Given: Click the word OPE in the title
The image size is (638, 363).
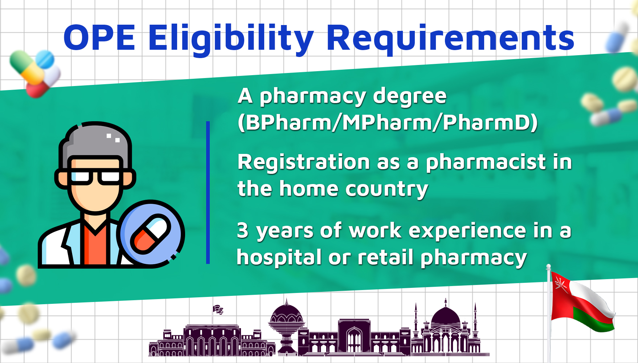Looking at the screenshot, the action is pos(99,37).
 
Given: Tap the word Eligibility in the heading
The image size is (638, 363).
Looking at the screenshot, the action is pos(231,39).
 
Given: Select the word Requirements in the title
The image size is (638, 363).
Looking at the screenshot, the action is pos(450,39).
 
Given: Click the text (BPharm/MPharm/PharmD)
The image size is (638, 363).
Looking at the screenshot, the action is pos(387,122).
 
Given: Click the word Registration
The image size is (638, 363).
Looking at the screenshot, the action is pos(303,162).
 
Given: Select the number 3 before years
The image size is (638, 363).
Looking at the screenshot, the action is pos(243,231).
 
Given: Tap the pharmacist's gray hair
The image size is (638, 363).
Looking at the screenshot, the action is pos(95,144).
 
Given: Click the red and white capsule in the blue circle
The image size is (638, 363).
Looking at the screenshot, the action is pos(150,234).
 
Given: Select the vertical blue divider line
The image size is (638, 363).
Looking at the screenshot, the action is pos(208,192).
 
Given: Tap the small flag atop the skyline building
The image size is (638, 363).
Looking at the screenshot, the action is pos(218,309).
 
